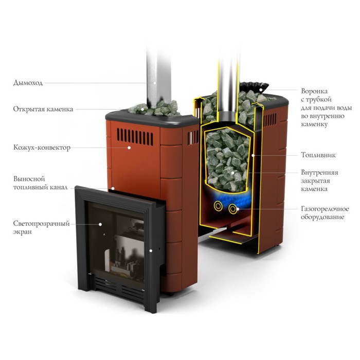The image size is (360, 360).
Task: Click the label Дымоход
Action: click(x=28, y=83)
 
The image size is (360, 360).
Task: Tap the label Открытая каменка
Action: click(x=43, y=109)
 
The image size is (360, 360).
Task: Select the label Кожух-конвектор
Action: click(x=42, y=148)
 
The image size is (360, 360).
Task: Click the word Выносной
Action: click(x=29, y=179)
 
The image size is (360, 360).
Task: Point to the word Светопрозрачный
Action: click(x=41, y=224)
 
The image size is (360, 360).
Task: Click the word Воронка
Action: click(x=314, y=91)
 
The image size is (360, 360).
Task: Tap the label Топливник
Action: click(x=318, y=155)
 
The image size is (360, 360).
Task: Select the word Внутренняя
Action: click(x=319, y=172)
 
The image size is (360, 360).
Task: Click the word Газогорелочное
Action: click(x=325, y=209)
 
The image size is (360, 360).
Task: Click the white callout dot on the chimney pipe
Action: click(x=155, y=83)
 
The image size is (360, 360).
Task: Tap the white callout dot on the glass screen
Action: click(x=100, y=224)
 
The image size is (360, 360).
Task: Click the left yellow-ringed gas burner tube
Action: click(x=218, y=206)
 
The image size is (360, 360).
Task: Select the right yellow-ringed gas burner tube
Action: click(x=232, y=209)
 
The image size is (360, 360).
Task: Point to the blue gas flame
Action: click(x=227, y=197)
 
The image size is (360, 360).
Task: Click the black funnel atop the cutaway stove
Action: click(x=254, y=87)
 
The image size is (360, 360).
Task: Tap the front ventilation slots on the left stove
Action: click(x=135, y=137)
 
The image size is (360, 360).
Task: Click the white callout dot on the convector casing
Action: click(x=129, y=148)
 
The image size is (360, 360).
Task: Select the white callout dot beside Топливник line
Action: click(x=253, y=155)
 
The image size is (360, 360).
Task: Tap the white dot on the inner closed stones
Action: click(x=232, y=173)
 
